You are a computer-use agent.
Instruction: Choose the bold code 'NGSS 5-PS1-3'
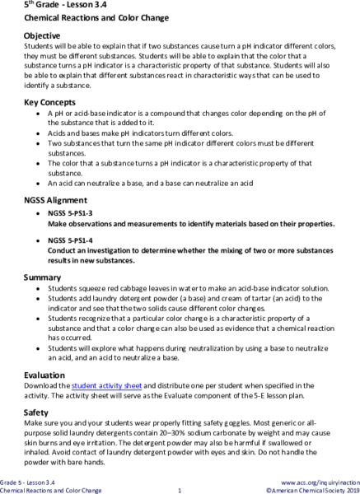pyautogui.click(x=72, y=213)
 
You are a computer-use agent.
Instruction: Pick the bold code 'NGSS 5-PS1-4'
pyautogui.click(x=72, y=240)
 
